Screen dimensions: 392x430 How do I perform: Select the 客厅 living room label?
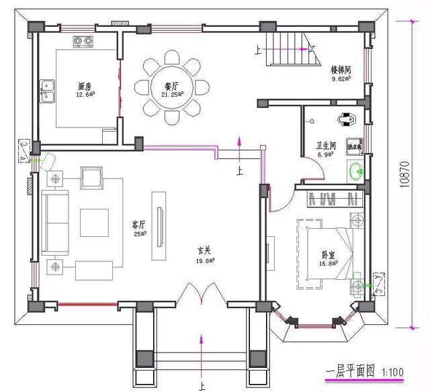pyautogui.click(x=139, y=226)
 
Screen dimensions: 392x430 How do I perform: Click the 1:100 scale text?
pyautogui.click(x=393, y=371)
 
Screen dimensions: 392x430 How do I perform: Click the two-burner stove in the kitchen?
pyautogui.click(x=83, y=42)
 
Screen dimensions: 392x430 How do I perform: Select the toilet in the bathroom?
pyautogui.click(x=348, y=119)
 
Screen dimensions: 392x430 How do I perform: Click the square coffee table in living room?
pyautogui.click(x=95, y=222)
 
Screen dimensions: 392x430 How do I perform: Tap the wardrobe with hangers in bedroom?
pyautogui.click(x=334, y=199)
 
